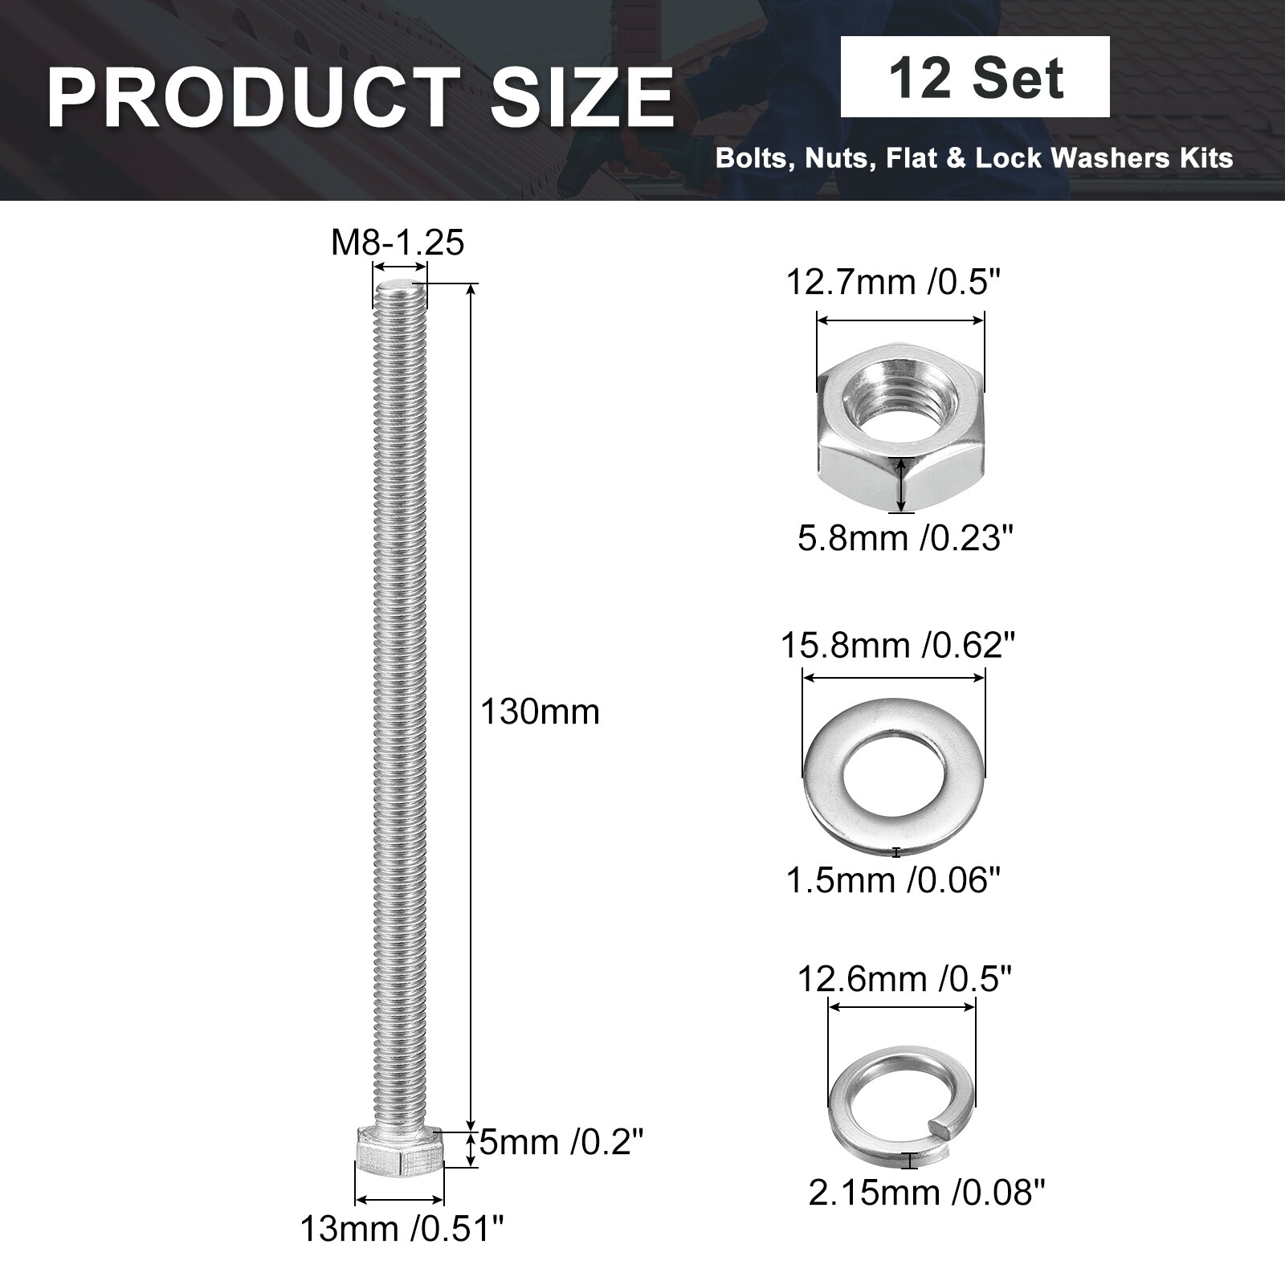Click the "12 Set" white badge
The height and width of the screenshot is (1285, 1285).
point(975,77)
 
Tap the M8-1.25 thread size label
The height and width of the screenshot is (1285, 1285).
point(398,243)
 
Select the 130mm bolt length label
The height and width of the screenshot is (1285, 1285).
point(540,712)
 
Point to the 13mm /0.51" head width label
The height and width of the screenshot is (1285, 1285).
point(402,1229)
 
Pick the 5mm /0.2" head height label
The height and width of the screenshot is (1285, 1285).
point(562,1141)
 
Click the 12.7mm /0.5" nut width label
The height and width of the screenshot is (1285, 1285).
point(895,283)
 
